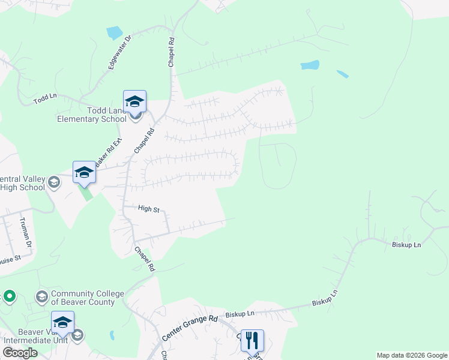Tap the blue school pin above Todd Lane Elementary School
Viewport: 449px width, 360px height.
[134, 101]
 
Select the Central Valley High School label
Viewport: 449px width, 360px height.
[22, 183]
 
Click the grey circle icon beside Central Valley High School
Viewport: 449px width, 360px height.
[54, 182]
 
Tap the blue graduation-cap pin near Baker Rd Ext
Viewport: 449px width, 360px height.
[85, 172]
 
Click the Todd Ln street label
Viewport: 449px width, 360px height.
[45, 97]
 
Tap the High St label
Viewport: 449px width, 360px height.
[148, 209]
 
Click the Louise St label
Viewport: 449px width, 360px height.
[10, 259]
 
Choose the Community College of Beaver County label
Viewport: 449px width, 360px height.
[88, 298]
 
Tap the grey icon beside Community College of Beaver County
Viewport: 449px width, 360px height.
[42, 296]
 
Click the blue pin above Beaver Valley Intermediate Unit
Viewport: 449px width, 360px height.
[63, 323]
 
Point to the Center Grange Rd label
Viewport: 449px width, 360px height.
[189, 327]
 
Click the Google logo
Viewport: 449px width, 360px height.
[19, 353]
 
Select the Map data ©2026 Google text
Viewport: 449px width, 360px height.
[412, 355]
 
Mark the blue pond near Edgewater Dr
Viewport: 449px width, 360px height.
[114, 32]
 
